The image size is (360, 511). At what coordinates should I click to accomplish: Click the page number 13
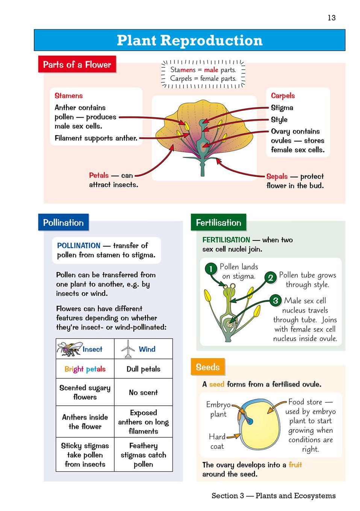pyautogui.click(x=331, y=18)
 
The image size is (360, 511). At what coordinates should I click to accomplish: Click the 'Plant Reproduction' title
pyautogui.click(x=189, y=40)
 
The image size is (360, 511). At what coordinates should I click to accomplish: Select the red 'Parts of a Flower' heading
pyautogui.click(x=77, y=65)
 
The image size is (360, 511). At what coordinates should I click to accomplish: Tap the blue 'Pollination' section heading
pyautogui.click(x=63, y=222)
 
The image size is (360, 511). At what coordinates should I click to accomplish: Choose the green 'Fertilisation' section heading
pyautogui.click(x=218, y=222)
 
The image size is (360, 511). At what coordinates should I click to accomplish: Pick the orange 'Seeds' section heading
pyautogui.click(x=207, y=367)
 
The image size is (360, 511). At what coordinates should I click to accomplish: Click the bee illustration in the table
pyautogui.click(x=69, y=349)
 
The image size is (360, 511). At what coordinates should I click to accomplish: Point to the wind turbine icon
pyautogui.click(x=128, y=349)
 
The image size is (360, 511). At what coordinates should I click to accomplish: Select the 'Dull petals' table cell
pyautogui.click(x=143, y=369)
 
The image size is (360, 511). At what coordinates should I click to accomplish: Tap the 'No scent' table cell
pyautogui.click(x=143, y=392)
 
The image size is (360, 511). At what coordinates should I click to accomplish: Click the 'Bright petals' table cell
pyautogui.click(x=85, y=369)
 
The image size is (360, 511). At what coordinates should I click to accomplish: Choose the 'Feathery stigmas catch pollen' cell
pyautogui.click(x=143, y=455)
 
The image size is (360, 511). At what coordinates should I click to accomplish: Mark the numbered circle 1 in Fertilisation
pyautogui.click(x=211, y=269)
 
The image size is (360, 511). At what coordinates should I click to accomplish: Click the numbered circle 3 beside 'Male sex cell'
pyautogui.click(x=275, y=301)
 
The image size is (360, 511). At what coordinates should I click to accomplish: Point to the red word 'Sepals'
pyautogui.click(x=277, y=176)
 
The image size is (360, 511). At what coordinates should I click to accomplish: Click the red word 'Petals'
pyautogui.click(x=99, y=175)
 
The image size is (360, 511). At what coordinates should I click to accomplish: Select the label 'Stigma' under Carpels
pyautogui.click(x=282, y=108)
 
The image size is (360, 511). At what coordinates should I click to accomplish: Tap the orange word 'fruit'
pyautogui.click(x=295, y=465)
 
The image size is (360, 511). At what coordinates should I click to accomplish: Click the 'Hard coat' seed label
pyautogui.click(x=217, y=441)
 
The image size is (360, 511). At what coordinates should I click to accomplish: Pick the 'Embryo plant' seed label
pyautogui.click(x=218, y=409)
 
